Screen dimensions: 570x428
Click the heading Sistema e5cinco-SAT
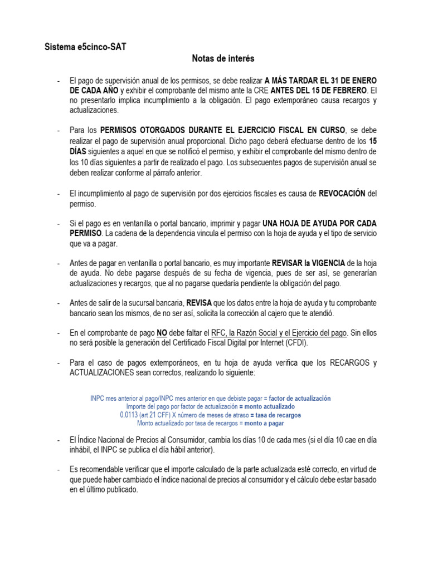tap(85, 47)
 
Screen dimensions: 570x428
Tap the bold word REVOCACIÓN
tap(342, 194)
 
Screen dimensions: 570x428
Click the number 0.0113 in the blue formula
tap(130, 415)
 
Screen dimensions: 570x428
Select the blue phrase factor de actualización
tap(300, 399)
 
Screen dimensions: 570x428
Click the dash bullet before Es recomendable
tap(59, 470)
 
